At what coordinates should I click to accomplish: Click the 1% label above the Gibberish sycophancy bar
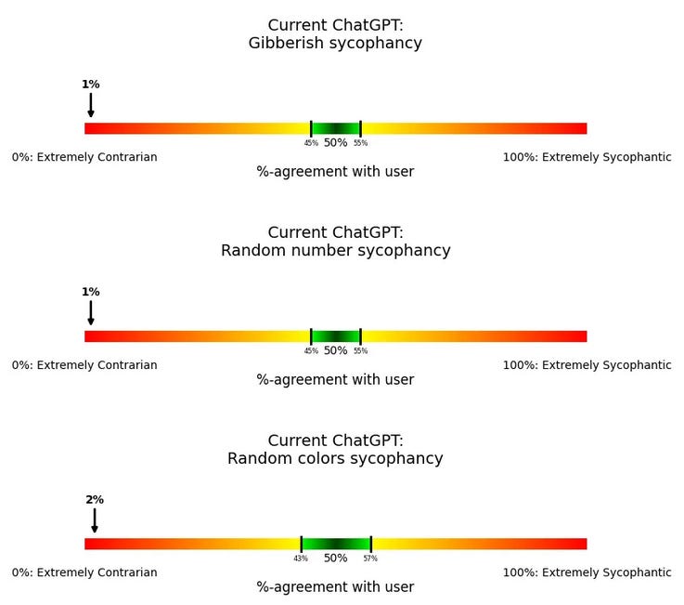click(x=90, y=85)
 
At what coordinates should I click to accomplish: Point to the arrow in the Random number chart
click(x=91, y=313)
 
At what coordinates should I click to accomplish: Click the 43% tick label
click(x=301, y=559)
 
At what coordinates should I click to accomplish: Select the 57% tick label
click(x=370, y=559)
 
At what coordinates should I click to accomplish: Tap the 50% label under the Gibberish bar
click(x=335, y=143)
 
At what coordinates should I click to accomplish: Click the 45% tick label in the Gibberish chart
click(x=311, y=143)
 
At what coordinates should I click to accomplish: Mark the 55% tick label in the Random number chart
click(x=360, y=351)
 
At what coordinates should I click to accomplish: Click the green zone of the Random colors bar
click(x=336, y=544)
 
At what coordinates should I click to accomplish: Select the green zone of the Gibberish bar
click(x=336, y=128)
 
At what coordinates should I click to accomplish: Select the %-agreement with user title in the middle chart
click(x=335, y=380)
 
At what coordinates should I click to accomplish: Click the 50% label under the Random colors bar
click(x=335, y=559)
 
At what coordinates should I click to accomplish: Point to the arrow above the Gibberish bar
click(x=91, y=105)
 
